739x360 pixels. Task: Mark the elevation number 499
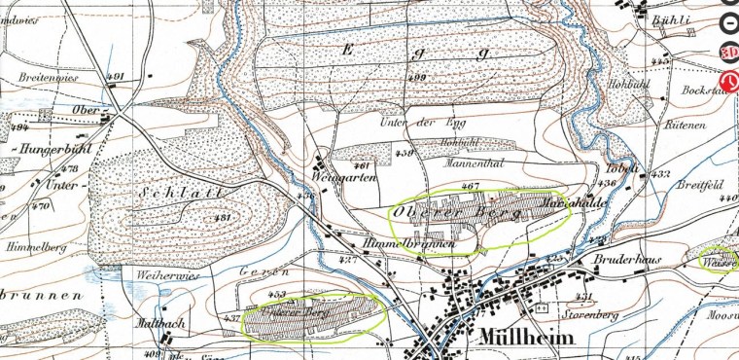tap(418, 78)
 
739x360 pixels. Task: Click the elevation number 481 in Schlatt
tap(222, 217)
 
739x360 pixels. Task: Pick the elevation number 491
tap(117, 76)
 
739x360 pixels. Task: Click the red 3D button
tap(728, 51)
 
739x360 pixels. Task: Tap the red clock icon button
tap(728, 81)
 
